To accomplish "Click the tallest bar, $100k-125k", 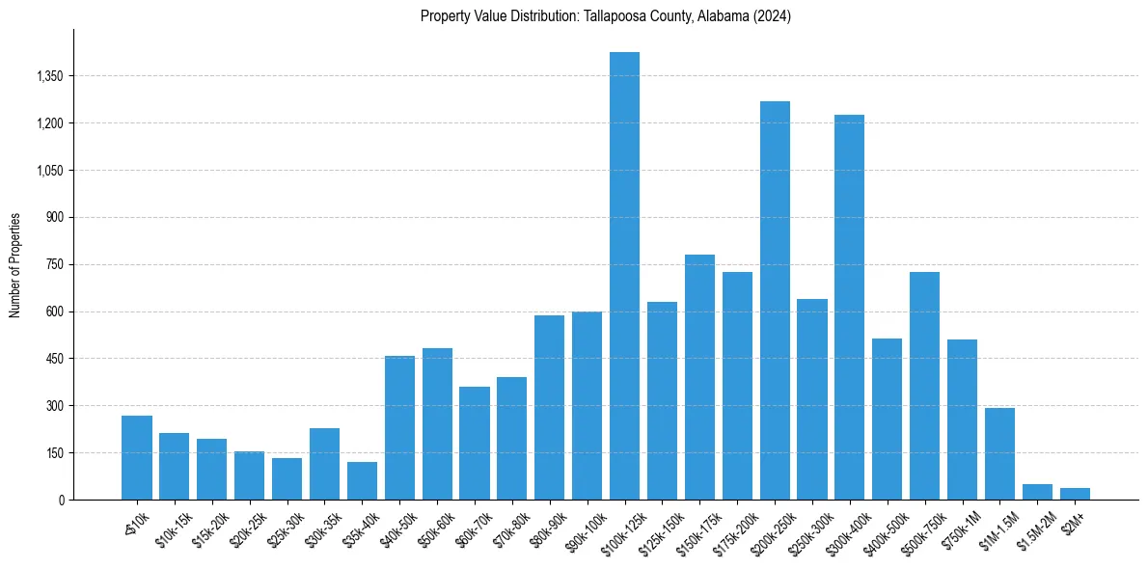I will tap(624, 276).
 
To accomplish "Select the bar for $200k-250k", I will tap(775, 300).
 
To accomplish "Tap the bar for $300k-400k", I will tap(849, 307).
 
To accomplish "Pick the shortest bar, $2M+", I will tap(1075, 494).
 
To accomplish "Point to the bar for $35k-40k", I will tap(362, 481).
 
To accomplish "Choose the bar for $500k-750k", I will tap(924, 386).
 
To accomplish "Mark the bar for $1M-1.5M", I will tap(999, 453).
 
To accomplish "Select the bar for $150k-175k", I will tap(699, 377).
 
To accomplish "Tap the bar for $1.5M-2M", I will tap(1037, 492).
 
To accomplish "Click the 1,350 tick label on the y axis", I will tap(49, 76).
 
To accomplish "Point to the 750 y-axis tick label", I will tap(56, 265).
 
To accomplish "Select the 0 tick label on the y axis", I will tap(62, 501).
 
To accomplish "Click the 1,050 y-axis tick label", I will tap(49, 171).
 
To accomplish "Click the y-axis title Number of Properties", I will tap(14, 265).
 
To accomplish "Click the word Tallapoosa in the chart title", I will tap(613, 16).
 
